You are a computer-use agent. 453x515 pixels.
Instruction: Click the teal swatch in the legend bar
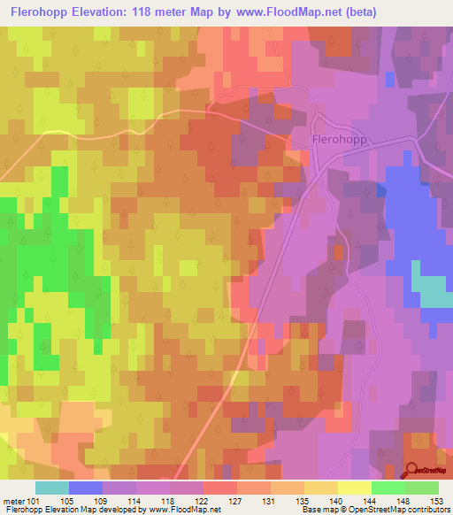52,488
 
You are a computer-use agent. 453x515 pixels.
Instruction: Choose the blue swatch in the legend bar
86,488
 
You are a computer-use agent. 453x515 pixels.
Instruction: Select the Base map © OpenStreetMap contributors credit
375,510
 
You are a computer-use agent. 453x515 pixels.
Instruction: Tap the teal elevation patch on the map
432,291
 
